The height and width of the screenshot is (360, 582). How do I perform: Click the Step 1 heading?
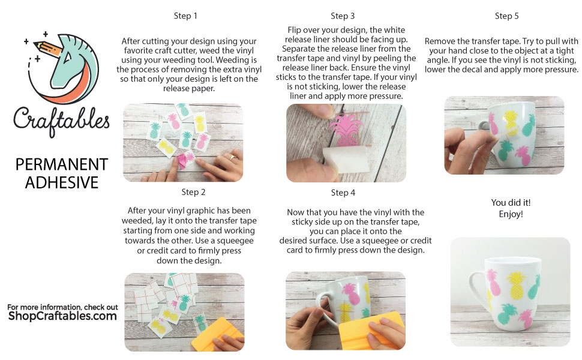tap(185, 16)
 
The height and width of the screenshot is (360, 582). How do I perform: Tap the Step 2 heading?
tap(193, 192)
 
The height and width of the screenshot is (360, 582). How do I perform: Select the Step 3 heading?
tap(342, 16)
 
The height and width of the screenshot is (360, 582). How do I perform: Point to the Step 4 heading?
tap(343, 193)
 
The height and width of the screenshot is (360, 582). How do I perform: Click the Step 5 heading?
tap(506, 16)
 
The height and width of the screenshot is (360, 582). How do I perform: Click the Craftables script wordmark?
tap(61, 120)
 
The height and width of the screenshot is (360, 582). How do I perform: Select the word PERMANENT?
tap(62, 164)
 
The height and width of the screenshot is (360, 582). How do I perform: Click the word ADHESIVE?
tap(62, 182)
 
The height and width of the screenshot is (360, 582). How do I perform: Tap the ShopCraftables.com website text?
tap(62, 316)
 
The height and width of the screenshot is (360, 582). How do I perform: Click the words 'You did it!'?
tap(511, 203)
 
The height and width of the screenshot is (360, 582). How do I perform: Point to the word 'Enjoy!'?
tap(511, 214)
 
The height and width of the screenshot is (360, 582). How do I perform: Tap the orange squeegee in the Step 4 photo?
tap(372, 331)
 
